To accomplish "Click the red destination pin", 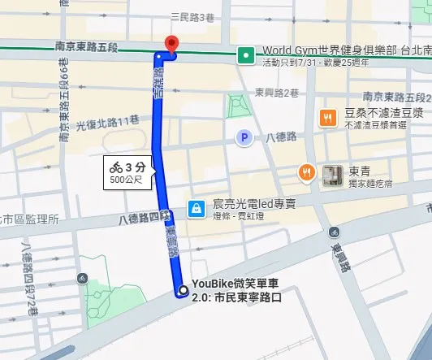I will tap(171, 44).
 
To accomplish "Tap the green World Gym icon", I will tap(244, 55).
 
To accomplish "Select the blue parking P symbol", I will tap(242, 138).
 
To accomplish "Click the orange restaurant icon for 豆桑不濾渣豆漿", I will tap(327, 117).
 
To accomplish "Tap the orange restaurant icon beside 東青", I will tap(307, 171).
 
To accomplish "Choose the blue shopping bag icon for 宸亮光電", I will tap(196, 209).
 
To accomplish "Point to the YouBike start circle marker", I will tap(182, 290).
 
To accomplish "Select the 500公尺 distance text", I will tap(126, 180).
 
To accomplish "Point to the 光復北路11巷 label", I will tap(107, 121).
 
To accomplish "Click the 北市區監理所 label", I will tap(29, 219).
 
